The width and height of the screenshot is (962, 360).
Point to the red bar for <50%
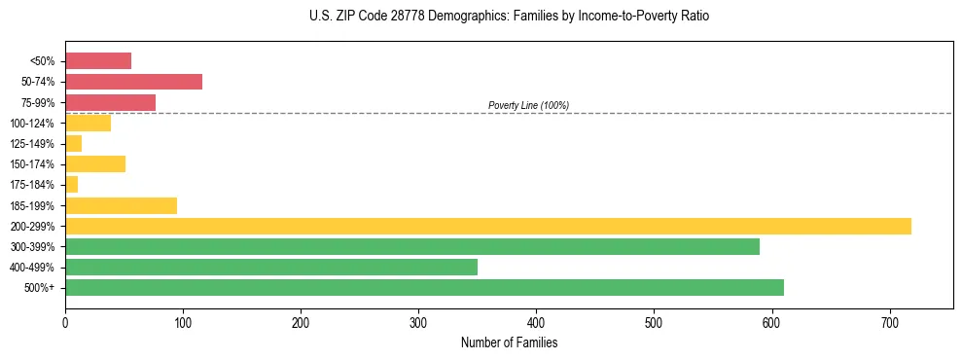click(98, 61)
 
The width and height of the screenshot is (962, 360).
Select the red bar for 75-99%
click(110, 102)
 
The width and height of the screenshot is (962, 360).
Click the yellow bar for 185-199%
click(121, 205)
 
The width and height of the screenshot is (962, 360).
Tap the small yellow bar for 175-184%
click(71, 185)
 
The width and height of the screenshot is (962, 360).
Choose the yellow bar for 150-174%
click(95, 163)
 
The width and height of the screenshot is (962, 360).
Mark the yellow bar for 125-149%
click(73, 143)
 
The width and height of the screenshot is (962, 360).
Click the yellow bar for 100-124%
click(88, 123)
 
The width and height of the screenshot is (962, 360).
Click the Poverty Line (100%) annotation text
click(528, 105)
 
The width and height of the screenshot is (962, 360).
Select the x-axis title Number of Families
click(509, 342)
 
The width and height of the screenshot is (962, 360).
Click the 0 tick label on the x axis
click(65, 322)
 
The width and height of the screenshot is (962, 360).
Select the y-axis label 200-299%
click(38, 227)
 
